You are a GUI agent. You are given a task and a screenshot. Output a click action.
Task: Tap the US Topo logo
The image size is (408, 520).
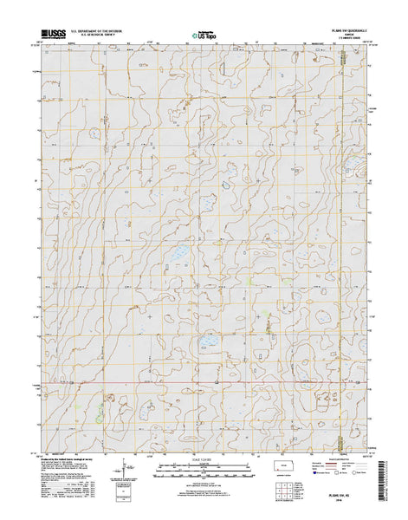[x=204, y=36]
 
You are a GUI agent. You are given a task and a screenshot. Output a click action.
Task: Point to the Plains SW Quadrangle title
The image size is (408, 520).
[x=330, y=29]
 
